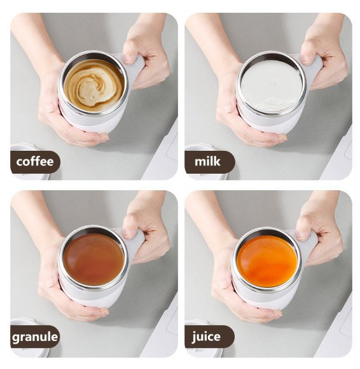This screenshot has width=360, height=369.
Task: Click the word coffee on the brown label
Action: (x=35, y=162)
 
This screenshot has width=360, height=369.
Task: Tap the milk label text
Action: (x=207, y=162)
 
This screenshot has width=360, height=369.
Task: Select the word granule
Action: (x=35, y=337)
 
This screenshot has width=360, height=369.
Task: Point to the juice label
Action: (x=206, y=337)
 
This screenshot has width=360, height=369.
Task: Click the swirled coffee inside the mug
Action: (x=94, y=85)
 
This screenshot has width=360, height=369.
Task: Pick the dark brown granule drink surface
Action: (x=93, y=260)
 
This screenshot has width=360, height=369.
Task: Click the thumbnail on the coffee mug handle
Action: (x=128, y=59)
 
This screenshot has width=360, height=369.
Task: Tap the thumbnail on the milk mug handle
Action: (x=306, y=59)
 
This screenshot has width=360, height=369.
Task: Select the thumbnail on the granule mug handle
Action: (x=128, y=233)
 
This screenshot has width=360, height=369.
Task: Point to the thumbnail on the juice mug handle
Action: (x=300, y=234)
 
